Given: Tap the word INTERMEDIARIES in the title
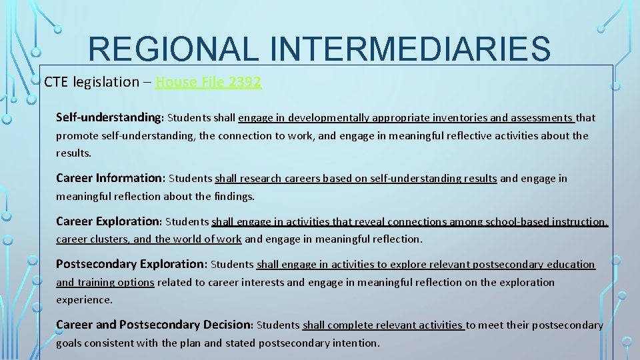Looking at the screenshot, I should pos(413,49).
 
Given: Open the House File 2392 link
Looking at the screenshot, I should pos(208,82).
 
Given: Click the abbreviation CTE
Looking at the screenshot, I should pos(57,82).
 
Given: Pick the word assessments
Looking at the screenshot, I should pos(541,118).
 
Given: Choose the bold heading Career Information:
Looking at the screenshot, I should pos(111,179).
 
